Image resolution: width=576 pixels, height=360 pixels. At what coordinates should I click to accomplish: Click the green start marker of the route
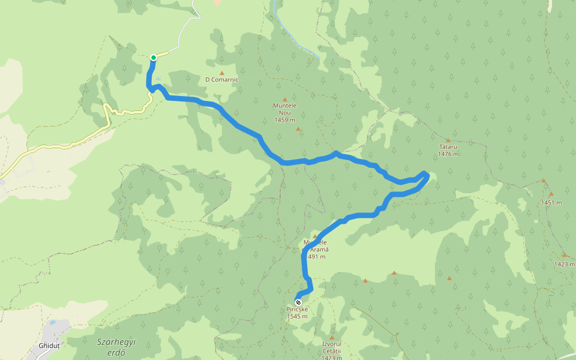tap(154, 58)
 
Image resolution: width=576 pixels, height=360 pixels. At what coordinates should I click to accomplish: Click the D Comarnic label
tap(221, 79)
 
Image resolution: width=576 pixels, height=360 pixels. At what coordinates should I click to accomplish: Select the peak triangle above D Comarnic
tap(221, 73)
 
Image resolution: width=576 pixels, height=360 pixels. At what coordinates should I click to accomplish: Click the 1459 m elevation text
tap(285, 120)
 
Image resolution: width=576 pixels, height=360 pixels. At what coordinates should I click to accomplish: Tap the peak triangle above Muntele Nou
tap(285, 100)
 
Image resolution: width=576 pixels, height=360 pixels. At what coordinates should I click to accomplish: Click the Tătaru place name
tap(448, 146)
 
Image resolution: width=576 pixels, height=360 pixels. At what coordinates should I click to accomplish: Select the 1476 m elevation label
tap(448, 154)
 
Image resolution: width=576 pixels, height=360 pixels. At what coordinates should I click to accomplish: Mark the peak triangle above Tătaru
tap(448, 140)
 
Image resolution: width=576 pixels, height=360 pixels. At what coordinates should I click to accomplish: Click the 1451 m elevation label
tap(551, 203)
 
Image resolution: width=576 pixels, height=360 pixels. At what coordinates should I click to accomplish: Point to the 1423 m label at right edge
tap(565, 264)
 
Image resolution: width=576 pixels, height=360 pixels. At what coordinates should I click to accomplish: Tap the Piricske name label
tap(298, 310)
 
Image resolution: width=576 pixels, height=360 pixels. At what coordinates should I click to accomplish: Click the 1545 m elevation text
tap(298, 317)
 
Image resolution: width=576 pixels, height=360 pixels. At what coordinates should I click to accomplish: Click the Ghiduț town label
tap(49, 346)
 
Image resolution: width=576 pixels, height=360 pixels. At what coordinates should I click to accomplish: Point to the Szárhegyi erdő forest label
tap(115, 347)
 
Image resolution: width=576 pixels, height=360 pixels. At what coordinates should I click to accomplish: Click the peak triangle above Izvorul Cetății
tap(332, 337)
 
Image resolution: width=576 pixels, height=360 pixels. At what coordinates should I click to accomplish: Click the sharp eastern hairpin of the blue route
tap(426, 175)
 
